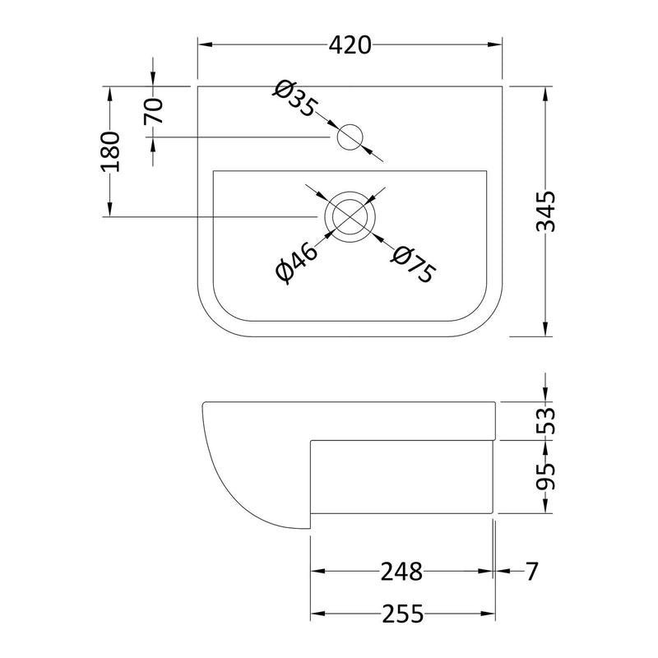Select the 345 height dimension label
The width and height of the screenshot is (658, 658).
click(546, 211)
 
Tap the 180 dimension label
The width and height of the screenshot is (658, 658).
click(110, 151)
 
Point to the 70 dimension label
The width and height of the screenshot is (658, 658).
click(154, 110)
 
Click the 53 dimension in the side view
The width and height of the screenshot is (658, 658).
click(546, 420)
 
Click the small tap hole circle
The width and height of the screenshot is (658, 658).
click(351, 137)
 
